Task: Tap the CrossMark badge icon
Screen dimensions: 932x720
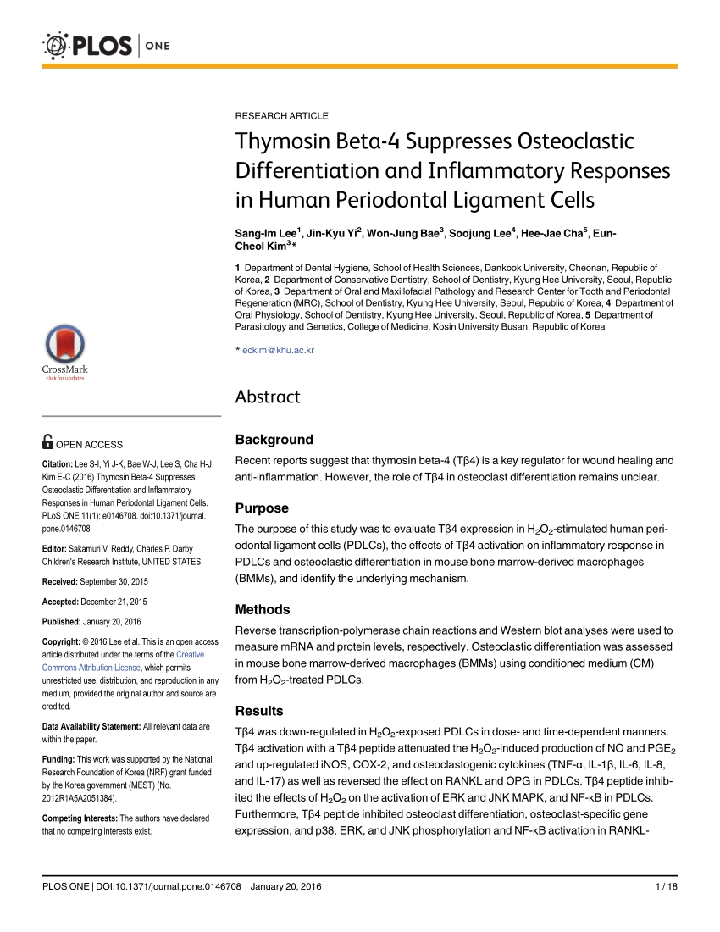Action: point(64,352)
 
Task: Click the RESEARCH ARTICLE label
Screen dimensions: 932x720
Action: point(281,115)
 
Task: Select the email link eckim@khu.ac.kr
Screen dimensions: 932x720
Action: point(278,350)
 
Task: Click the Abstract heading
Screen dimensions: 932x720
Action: point(267,397)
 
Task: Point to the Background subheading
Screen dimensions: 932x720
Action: point(274,440)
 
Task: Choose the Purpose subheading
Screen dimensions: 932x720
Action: point(262,508)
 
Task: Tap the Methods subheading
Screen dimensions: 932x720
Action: point(263,609)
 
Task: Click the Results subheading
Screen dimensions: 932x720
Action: point(258,711)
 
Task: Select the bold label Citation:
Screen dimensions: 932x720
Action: point(58,463)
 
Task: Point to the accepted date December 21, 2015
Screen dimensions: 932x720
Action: point(114,602)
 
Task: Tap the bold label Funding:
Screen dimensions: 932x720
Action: point(58,759)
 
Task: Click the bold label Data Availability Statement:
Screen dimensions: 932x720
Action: point(91,727)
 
